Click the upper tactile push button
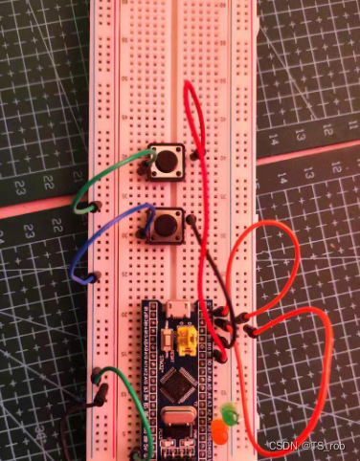[167, 164]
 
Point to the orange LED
[219, 433]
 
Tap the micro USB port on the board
[177, 309]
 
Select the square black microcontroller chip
[177, 382]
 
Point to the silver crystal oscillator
[177, 417]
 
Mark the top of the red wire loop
[188, 86]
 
